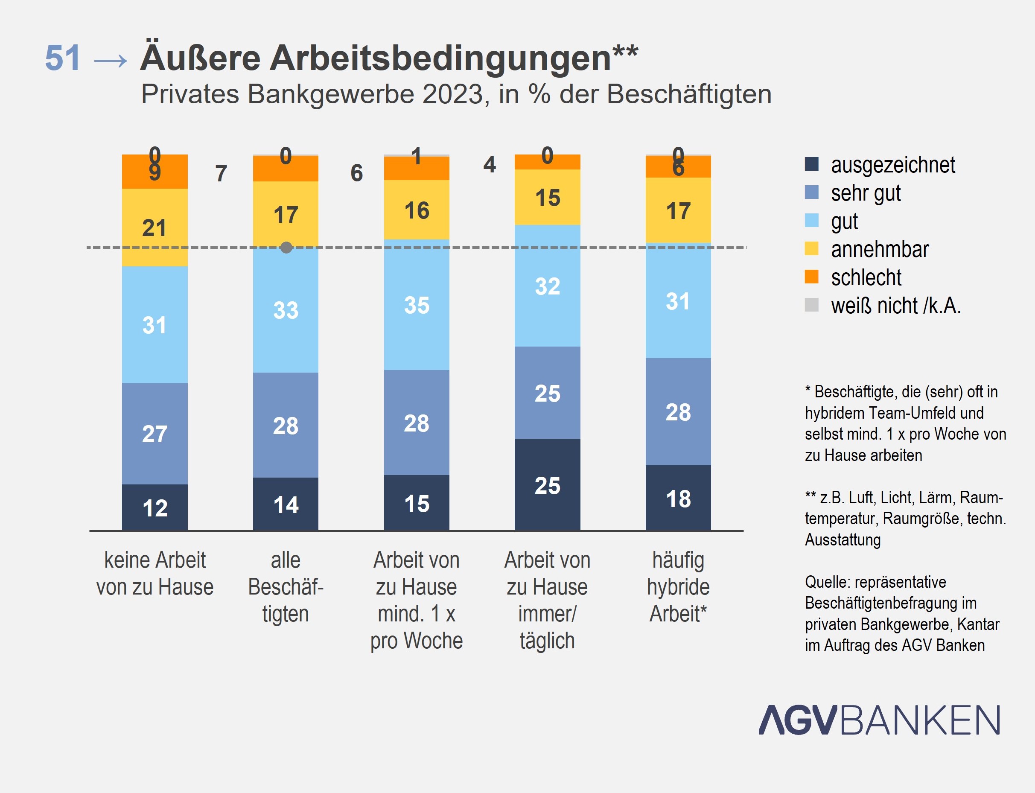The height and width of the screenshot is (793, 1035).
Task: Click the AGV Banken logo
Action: point(879,720)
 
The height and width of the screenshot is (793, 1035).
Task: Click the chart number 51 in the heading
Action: point(63,58)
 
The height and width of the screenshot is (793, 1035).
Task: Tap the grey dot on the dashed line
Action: point(286,248)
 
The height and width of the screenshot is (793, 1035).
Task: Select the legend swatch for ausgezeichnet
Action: point(811,164)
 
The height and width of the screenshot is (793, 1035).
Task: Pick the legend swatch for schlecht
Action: point(811,277)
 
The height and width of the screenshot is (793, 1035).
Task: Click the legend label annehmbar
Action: point(880,249)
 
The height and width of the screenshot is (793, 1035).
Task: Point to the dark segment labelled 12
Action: point(155,507)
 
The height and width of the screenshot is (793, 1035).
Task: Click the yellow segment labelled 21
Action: point(155,227)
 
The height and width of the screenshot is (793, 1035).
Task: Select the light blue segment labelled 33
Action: point(286,310)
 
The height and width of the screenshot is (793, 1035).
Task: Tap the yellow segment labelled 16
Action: point(416,210)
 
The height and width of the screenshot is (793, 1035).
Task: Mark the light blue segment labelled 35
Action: point(416,305)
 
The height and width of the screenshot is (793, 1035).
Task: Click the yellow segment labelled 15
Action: point(548,197)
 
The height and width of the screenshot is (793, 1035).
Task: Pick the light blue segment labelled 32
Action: point(548,286)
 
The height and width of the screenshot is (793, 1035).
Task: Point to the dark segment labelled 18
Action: point(678,499)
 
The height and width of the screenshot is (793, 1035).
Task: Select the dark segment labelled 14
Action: point(286,504)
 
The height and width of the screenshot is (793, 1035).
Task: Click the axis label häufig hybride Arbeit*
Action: point(678,587)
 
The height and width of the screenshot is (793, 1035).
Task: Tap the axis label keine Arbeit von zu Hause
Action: point(155,574)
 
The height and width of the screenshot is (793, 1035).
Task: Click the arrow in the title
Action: point(111,61)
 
